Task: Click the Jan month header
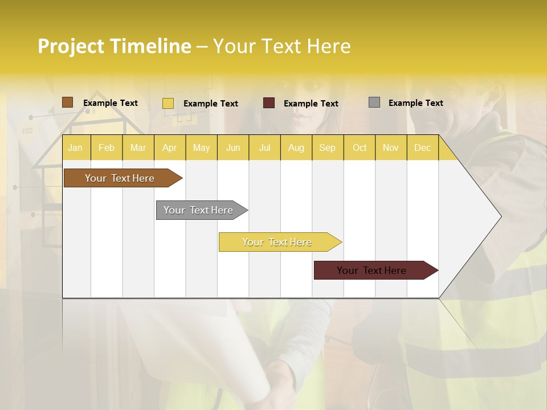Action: (75, 148)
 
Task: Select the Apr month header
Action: (169, 148)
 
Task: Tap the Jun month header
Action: (233, 148)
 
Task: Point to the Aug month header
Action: (296, 148)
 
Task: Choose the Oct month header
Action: (360, 148)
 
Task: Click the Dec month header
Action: (422, 148)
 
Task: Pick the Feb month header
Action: (107, 148)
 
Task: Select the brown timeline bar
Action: (120, 178)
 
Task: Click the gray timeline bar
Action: (198, 210)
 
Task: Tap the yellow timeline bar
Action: (277, 242)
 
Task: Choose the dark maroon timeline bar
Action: (372, 270)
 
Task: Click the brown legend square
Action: (67, 102)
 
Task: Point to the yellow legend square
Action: (168, 103)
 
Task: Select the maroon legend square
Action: (269, 103)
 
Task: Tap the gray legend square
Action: (374, 102)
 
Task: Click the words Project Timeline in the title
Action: (115, 46)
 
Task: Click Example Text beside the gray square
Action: (415, 103)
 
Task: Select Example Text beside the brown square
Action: (111, 103)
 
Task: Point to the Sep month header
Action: (327, 148)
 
